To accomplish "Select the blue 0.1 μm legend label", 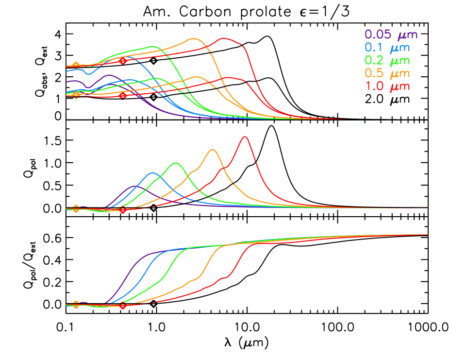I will tap(387, 48).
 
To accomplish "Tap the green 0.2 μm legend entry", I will tap(387, 61).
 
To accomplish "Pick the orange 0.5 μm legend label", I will tap(387, 74).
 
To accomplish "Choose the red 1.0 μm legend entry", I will tap(387, 86).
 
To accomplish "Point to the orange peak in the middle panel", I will tap(213, 150).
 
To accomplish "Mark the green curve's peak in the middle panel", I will tap(176, 163).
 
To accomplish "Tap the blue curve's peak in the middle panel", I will tap(153, 173).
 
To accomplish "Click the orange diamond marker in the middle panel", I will tap(76, 209).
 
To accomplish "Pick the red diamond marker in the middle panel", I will tap(123, 210).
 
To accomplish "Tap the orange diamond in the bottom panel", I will tap(76, 305).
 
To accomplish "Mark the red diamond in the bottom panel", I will tap(123, 306).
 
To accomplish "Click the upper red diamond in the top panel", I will tap(123, 61).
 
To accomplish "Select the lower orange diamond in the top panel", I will tap(76, 95).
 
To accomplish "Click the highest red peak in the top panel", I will tap(224, 38).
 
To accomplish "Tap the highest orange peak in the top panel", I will tap(193, 38).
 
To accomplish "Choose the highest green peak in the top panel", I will tap(154, 46).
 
